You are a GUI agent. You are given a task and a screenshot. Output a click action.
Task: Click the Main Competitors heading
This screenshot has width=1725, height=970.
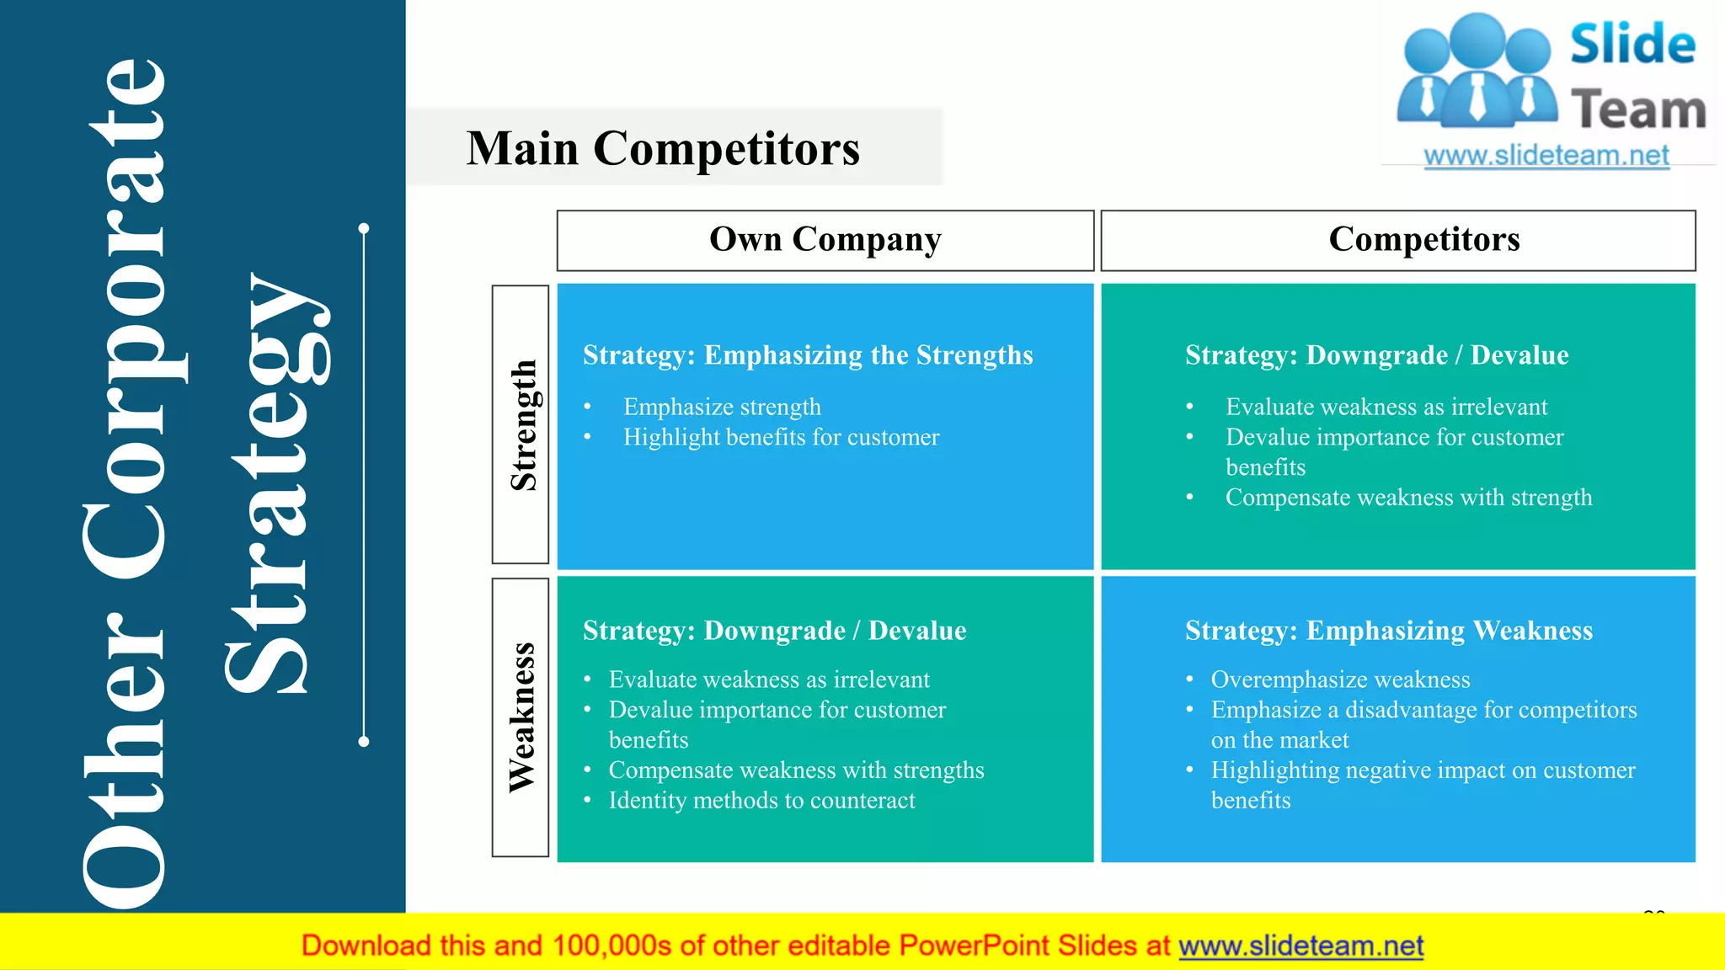pos(663,149)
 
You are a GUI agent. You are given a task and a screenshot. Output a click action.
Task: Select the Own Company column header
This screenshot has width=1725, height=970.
pos(825,240)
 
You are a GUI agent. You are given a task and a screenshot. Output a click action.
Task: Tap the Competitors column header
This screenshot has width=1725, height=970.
pos(1423,240)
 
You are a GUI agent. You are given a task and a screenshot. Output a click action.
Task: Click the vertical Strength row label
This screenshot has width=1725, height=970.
pos(522,425)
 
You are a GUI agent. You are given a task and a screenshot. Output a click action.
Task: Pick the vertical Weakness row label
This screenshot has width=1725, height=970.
pos(521,717)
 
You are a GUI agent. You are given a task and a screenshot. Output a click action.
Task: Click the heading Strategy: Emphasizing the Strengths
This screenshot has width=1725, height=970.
pos(807,355)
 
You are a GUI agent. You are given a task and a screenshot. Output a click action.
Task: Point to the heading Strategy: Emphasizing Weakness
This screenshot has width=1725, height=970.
pos(1388,631)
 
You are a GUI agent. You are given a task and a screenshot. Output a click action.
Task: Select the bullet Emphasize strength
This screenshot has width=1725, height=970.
pos(722,407)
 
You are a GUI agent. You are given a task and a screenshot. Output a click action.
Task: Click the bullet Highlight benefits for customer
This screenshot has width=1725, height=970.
pos(781,437)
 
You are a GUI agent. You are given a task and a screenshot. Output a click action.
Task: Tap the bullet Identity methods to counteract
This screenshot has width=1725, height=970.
pos(761,800)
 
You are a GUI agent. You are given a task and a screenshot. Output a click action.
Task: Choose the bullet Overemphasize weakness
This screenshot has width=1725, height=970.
pos(1340,680)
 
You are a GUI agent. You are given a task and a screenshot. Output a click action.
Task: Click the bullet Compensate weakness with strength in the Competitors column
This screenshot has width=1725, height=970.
pos(1408,498)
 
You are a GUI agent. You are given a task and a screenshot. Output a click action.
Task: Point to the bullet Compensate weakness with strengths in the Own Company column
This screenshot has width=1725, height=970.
pos(796,770)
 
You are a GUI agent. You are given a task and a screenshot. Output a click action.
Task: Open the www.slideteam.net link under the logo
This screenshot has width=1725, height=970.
pos(1546,156)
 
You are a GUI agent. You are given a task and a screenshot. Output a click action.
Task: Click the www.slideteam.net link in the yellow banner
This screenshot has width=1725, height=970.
pos(1300,946)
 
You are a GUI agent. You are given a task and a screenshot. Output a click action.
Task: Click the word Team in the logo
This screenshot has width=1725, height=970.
pos(1638,110)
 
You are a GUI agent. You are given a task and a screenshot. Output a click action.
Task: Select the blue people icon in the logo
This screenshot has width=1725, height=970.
pos(1477,72)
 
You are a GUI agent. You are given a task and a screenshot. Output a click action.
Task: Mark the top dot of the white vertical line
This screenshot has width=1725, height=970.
pos(364,228)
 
